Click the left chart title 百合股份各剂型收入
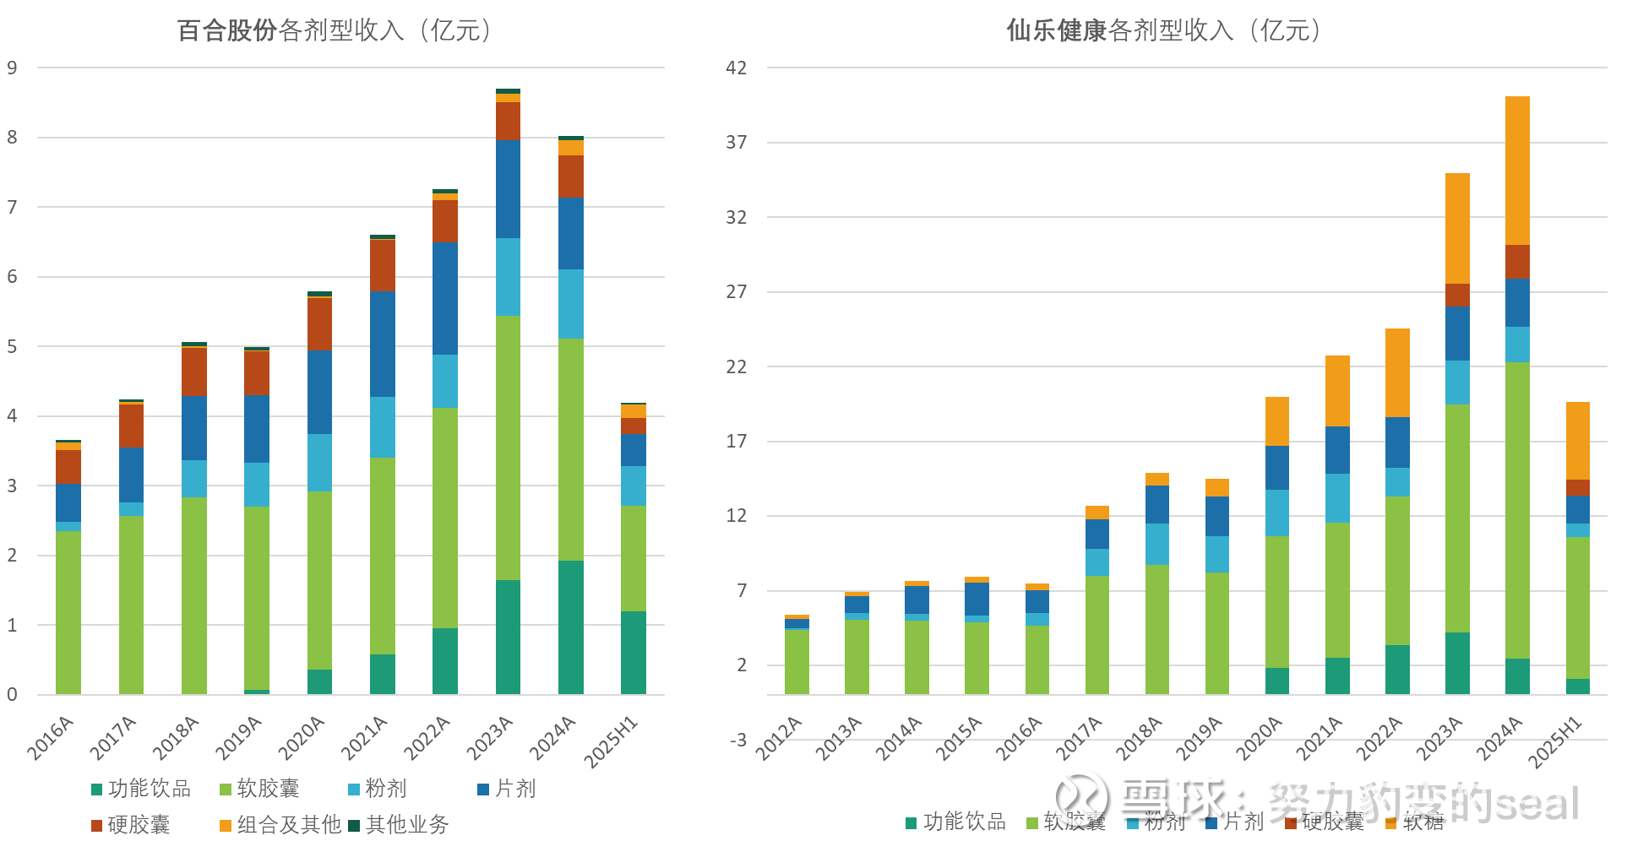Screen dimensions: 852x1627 tap(334, 30)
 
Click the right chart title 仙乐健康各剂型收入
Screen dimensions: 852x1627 tap(1163, 30)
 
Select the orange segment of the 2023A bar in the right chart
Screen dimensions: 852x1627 tap(1457, 228)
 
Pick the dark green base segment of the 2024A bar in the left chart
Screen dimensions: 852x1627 tap(570, 627)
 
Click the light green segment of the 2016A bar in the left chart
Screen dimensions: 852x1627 tap(68, 612)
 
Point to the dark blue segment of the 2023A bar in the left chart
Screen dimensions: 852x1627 tap(508, 188)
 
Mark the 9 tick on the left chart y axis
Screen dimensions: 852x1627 tap(12, 68)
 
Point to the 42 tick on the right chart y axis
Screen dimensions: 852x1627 tap(736, 68)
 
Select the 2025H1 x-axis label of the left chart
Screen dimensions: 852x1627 tap(612, 741)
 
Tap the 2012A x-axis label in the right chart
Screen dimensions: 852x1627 tap(779, 737)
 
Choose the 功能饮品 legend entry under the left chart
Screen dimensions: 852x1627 tap(141, 789)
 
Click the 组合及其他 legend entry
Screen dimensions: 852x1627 tap(280, 824)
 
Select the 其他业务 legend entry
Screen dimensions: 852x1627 tap(399, 824)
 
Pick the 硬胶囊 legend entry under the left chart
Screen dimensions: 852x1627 tap(131, 824)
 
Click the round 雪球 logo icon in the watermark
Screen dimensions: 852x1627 tap(1077, 795)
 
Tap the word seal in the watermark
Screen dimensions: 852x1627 tap(1531, 798)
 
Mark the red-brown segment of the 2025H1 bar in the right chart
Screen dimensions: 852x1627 tap(1577, 487)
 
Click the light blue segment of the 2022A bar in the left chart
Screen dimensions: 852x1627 tap(445, 381)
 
